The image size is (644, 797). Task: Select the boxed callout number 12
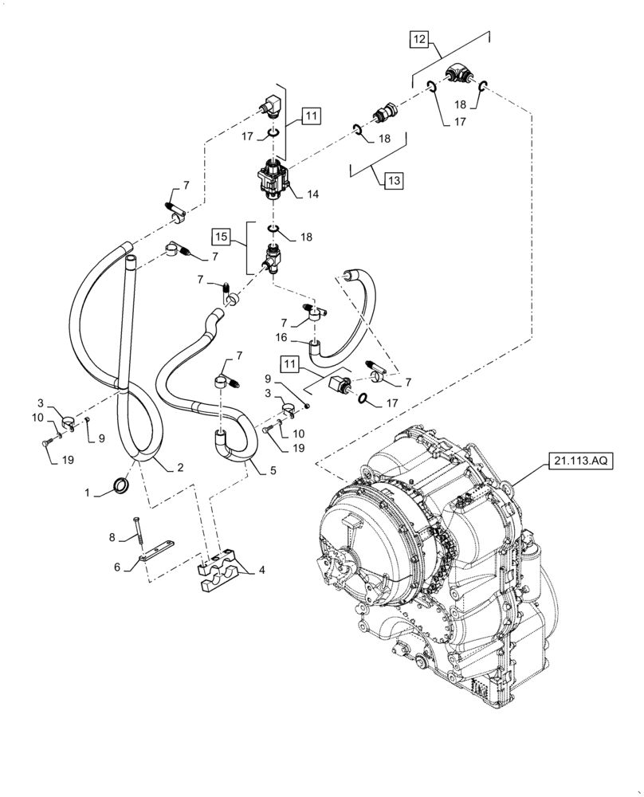(420, 38)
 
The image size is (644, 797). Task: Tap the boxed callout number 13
(393, 182)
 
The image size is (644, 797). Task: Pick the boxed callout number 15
(221, 237)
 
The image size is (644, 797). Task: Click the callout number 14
(311, 193)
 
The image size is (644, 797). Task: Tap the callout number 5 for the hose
(273, 471)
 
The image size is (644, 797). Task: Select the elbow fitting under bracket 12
(460, 77)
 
